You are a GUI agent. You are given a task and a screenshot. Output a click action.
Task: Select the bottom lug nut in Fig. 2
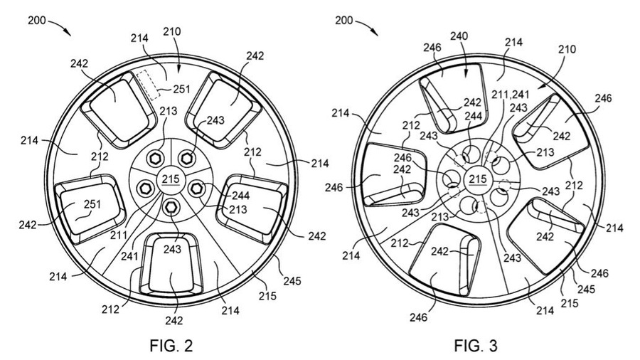coord(171,206)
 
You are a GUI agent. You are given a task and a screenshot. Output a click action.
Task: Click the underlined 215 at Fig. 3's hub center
coord(479,179)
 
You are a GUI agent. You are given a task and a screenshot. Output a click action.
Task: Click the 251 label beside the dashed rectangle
coord(184,89)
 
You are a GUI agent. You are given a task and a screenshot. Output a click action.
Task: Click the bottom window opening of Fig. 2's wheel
coord(171,270)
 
